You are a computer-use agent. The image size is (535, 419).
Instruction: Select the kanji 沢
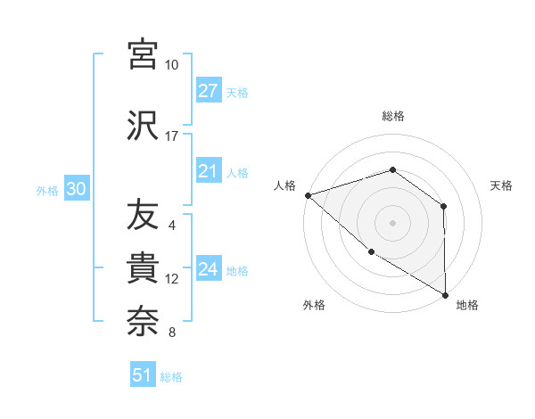point(143,125)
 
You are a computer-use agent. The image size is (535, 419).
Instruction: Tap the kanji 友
point(143,215)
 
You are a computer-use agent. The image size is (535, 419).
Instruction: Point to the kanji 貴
point(143,268)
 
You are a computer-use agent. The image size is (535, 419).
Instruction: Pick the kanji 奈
point(143,322)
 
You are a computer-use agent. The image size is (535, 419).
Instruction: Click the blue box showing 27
point(209,91)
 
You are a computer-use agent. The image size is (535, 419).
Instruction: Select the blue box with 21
point(209,171)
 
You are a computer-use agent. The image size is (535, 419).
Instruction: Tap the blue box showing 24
point(209,269)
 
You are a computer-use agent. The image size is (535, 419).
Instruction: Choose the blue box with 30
point(77,189)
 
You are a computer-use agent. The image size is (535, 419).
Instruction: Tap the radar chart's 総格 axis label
point(392,116)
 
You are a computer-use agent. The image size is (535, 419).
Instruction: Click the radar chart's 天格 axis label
point(501,185)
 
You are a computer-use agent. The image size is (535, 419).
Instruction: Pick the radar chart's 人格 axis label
point(284,185)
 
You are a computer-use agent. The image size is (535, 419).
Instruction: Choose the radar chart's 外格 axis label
point(314,305)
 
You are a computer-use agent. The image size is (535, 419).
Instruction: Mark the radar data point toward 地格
point(445,294)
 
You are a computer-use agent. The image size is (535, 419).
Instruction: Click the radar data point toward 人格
point(308,194)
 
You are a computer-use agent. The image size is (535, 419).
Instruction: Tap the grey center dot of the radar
point(392,222)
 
